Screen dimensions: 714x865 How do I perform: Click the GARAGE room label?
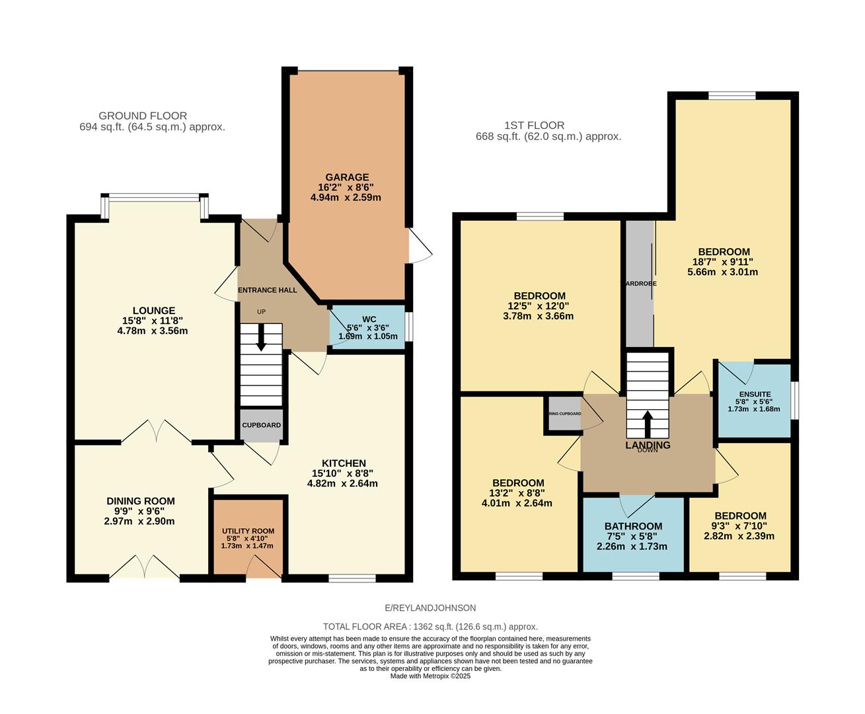(x=346, y=177)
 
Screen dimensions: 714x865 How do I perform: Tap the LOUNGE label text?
(x=153, y=311)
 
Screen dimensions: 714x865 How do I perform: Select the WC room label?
(x=369, y=319)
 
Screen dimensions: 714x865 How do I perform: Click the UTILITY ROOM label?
(x=248, y=531)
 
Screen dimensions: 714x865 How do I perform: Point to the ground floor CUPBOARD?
(x=261, y=425)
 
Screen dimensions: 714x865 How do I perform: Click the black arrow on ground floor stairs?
(x=261, y=338)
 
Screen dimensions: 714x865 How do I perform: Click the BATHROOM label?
(x=632, y=526)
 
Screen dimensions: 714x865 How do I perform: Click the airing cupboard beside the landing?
(x=563, y=415)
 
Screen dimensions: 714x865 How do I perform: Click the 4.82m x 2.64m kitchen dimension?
(x=342, y=483)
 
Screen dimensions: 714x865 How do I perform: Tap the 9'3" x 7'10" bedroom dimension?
(x=740, y=526)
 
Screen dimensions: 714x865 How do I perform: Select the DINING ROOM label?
(x=141, y=501)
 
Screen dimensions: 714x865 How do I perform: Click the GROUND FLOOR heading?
(x=143, y=116)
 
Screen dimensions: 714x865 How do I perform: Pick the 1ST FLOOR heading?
(x=534, y=125)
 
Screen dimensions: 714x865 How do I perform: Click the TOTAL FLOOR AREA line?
(x=430, y=626)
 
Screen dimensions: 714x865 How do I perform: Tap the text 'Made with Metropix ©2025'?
(x=430, y=676)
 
